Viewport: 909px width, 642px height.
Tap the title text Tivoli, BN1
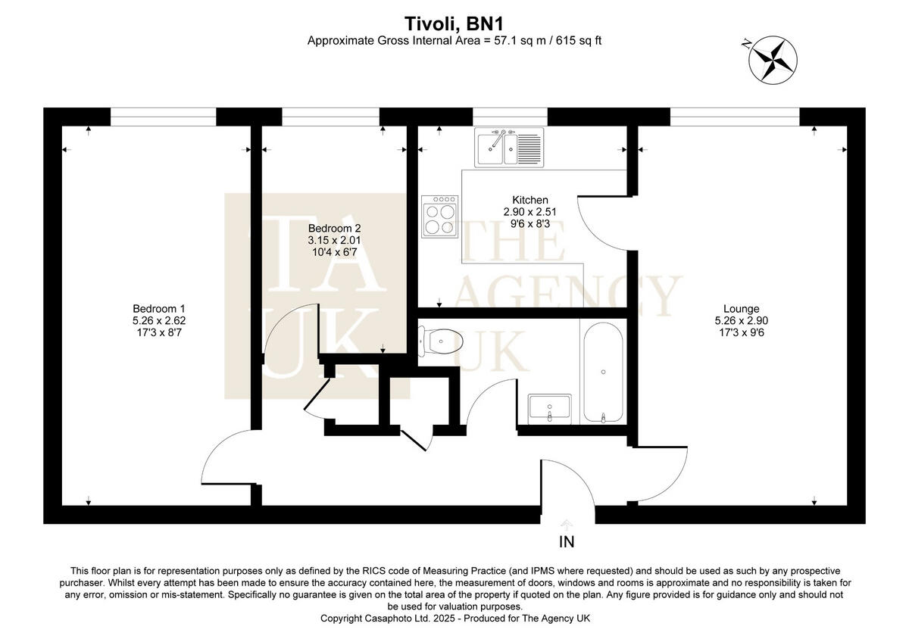tap(454, 22)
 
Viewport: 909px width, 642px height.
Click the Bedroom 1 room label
tap(158, 308)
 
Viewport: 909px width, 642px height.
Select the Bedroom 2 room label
tap(334, 228)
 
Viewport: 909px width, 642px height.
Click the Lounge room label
tap(741, 308)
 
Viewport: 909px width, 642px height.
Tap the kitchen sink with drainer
tap(509, 147)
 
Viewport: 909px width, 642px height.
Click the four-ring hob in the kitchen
tap(440, 217)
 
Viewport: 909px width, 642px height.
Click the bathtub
tap(603, 371)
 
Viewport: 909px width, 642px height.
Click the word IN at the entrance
tap(567, 542)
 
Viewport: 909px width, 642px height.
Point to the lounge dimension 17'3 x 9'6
tap(741, 332)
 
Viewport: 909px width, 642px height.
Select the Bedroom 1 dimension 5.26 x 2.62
tap(158, 320)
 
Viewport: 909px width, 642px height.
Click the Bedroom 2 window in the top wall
tap(330, 117)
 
